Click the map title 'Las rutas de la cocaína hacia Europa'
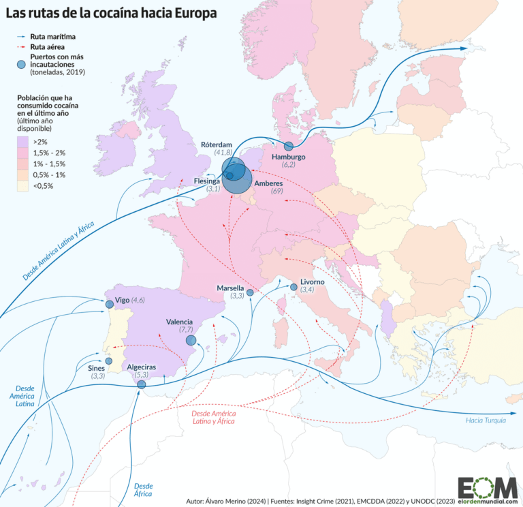pyautogui.click(x=113, y=12)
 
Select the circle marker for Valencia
pyautogui.click(x=191, y=340)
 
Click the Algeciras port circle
pyautogui.click(x=142, y=384)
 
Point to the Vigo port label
pyautogui.click(x=123, y=300)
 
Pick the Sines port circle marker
pyautogui.click(x=108, y=361)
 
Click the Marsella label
pyautogui.click(x=230, y=288)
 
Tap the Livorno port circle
pyautogui.click(x=294, y=288)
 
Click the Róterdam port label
pyautogui.click(x=217, y=144)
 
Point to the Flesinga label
pyautogui.click(x=206, y=181)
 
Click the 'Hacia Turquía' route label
pyautogui.click(x=486, y=420)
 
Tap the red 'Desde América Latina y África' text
pyautogui.click(x=213, y=418)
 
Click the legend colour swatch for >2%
pyautogui.click(x=22, y=141)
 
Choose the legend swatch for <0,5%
pyautogui.click(x=22, y=185)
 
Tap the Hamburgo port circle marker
pyautogui.click(x=288, y=146)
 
